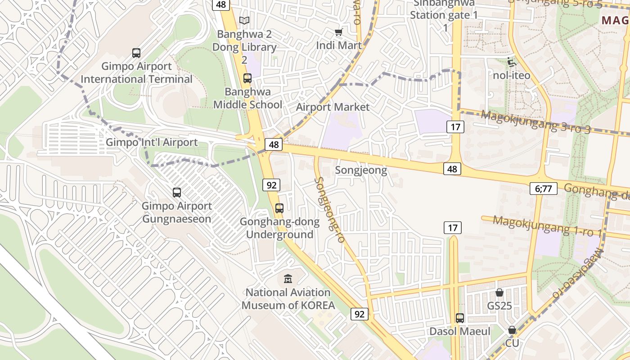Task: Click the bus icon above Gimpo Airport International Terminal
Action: [136, 53]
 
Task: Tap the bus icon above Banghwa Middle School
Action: [247, 78]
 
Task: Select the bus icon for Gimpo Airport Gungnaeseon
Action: [177, 193]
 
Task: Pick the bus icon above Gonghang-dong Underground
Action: [279, 208]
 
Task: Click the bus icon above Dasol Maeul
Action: [459, 318]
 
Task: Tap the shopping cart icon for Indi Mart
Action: [339, 32]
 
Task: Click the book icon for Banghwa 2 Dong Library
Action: [244, 21]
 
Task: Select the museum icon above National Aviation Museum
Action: [288, 279]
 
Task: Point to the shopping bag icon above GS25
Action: [499, 293]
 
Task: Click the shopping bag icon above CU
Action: [512, 330]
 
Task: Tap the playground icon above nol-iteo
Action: [511, 62]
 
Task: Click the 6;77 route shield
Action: [544, 189]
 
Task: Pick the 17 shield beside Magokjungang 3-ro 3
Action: [455, 127]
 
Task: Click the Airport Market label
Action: [333, 107]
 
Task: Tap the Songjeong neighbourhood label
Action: [361, 170]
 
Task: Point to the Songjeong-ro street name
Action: [330, 210]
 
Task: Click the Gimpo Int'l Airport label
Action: [152, 143]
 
